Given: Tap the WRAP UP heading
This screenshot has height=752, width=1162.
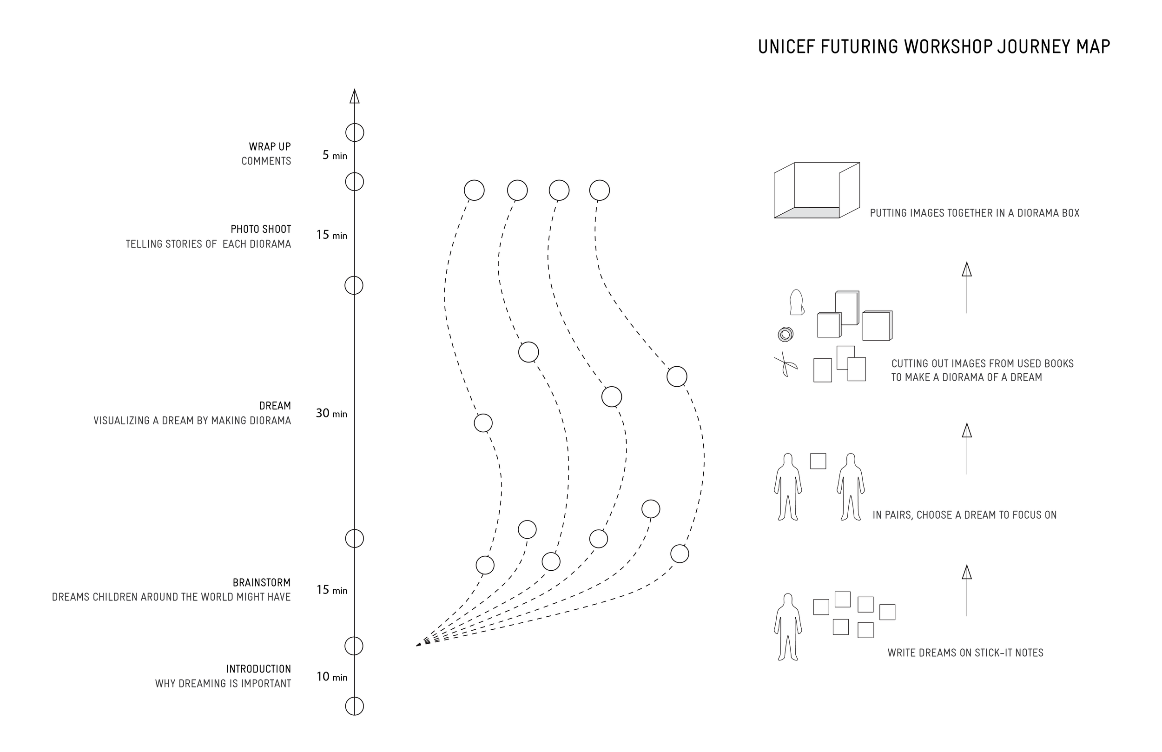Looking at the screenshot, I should (270, 146).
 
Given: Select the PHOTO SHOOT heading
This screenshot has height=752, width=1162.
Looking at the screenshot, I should (261, 229).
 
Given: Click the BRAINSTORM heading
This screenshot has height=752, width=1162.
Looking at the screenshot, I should (261, 582).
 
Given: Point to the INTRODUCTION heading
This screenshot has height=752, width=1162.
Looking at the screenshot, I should (258, 669).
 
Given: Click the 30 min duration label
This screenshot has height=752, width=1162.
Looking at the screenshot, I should (331, 414).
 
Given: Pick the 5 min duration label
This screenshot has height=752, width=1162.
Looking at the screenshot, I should (335, 155).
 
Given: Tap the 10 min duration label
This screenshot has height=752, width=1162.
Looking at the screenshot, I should (331, 677).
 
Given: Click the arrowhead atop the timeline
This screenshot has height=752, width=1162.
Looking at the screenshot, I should (355, 96).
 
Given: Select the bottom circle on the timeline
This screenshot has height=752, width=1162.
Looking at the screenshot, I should (355, 706).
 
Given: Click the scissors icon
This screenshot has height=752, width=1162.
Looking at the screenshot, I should (785, 364).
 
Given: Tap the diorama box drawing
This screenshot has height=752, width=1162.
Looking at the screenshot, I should (816, 190).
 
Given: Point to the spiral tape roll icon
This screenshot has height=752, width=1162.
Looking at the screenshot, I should (785, 335).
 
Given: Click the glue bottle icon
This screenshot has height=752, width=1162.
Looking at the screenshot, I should (796, 302).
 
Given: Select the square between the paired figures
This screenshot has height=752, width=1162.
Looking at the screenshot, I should (819, 461).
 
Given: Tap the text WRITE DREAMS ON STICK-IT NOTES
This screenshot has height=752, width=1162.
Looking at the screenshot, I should (965, 653).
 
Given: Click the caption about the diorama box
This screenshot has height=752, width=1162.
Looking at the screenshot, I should (975, 213).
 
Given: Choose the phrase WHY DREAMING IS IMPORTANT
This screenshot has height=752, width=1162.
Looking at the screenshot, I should (223, 684).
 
